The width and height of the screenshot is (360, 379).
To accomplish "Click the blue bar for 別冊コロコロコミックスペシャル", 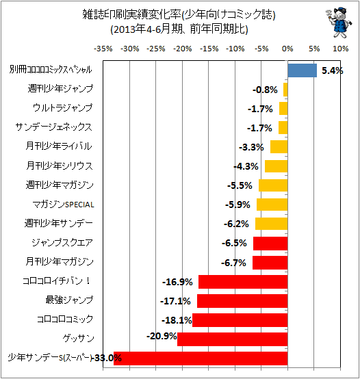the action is [x=303, y=70].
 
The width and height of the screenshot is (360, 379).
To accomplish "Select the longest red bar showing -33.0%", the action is [x=201, y=358].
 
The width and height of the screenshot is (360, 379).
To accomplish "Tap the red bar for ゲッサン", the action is [x=232, y=339].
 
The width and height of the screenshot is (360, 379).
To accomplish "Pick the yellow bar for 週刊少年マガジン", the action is [x=273, y=185].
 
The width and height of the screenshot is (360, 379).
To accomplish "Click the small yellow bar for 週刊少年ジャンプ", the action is [x=285, y=90].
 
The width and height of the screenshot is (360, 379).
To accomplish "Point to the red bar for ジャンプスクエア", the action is [x=270, y=244].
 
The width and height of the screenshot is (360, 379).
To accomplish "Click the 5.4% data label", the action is [x=332, y=70].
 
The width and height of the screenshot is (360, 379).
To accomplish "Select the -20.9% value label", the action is [x=162, y=336].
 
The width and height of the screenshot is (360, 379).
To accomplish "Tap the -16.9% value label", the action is [x=177, y=282].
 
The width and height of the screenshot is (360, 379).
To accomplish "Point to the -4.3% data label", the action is [x=246, y=166].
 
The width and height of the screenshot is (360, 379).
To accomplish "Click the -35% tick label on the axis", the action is [x=103, y=49].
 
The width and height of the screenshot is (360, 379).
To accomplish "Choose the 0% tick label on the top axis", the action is [x=287, y=49].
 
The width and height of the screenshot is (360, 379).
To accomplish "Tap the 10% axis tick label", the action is [x=340, y=49].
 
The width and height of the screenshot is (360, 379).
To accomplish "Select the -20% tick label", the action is [x=183, y=49].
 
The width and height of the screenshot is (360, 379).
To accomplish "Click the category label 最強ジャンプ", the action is [x=69, y=300].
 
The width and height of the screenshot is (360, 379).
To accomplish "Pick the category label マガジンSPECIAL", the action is [x=63, y=205].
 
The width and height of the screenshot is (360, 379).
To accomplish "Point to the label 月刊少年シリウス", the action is [x=60, y=166].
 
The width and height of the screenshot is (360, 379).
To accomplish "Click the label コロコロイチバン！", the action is [x=57, y=281].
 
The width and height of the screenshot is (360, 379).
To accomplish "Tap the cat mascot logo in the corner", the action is [x=339, y=23].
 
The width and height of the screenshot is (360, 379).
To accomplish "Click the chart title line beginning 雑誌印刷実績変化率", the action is [x=179, y=15].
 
